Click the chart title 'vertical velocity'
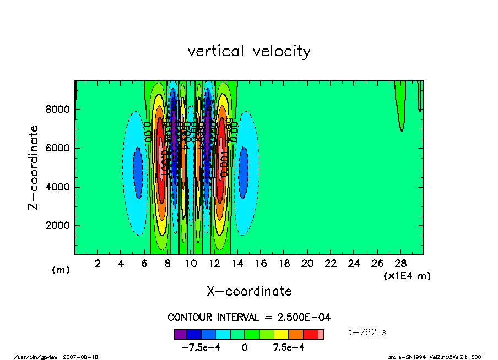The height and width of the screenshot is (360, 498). tap(249, 51)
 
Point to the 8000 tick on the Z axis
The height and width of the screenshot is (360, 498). tap(57, 110)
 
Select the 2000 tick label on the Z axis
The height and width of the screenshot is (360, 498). tap(57, 226)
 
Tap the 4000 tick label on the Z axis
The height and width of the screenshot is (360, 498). tap(57, 187)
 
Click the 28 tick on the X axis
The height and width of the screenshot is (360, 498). tap(400, 263)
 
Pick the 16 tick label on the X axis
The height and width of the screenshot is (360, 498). tap(261, 263)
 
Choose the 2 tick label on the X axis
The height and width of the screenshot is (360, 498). tap(98, 263)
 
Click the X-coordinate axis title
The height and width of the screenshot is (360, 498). tap(249, 291)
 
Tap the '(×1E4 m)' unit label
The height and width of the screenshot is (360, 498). tap(407, 275)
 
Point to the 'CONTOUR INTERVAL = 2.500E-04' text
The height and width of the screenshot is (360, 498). tap(249, 317)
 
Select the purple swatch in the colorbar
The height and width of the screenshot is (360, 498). tap(180, 334)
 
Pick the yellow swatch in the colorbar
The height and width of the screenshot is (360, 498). tap(282, 334)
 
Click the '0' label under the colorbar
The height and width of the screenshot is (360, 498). tap(245, 348)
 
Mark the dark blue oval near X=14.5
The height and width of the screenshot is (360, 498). tap(243, 168)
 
